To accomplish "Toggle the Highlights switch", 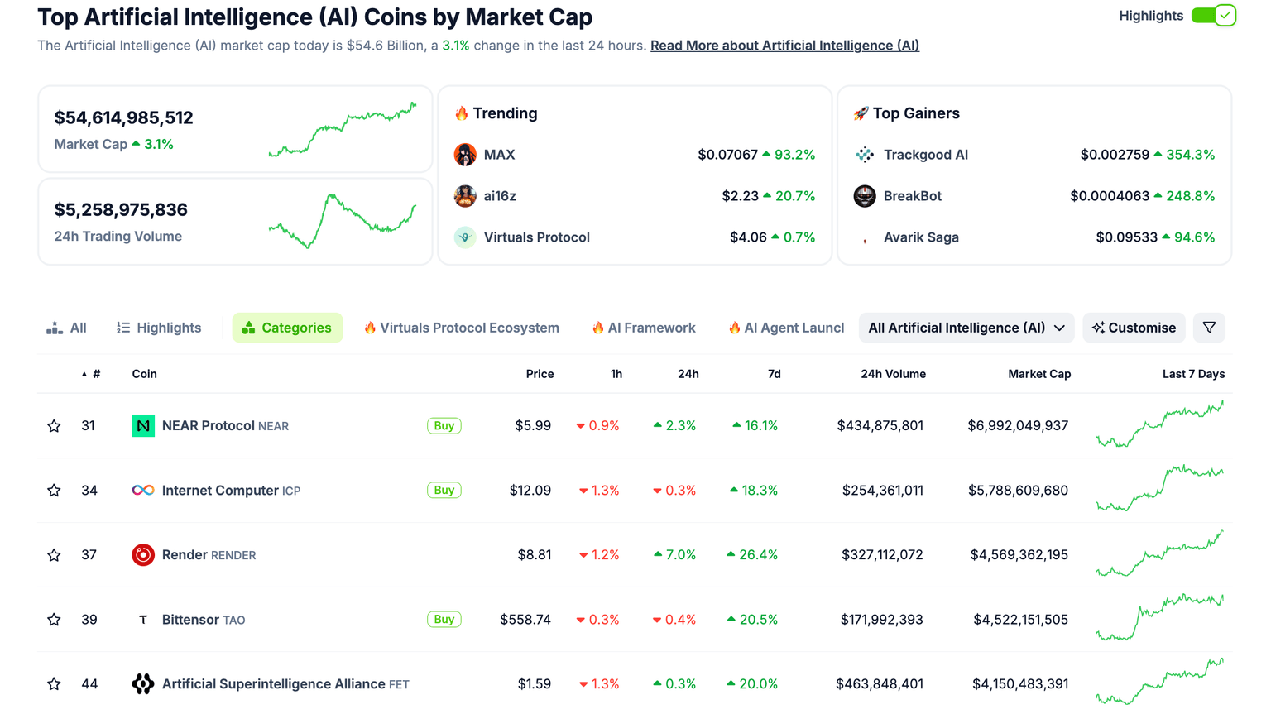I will (1213, 16).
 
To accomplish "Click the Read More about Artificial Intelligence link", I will (784, 46).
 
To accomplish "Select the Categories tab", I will (287, 328).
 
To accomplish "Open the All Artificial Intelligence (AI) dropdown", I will (966, 328).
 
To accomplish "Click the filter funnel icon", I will (1209, 328).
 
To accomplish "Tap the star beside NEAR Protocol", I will (54, 426).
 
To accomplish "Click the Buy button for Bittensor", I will (444, 620).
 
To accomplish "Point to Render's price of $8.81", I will (535, 555).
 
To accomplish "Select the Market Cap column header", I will (1039, 374).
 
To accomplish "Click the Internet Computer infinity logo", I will (143, 491).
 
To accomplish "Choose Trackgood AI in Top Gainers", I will (925, 155).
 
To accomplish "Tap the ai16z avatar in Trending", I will (465, 196).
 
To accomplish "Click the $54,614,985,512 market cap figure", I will (124, 117).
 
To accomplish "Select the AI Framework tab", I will (644, 328).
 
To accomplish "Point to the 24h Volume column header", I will (893, 374).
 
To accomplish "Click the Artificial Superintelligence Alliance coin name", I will (273, 684).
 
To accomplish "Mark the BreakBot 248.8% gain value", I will (1190, 196).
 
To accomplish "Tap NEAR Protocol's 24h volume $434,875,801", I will (880, 426).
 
